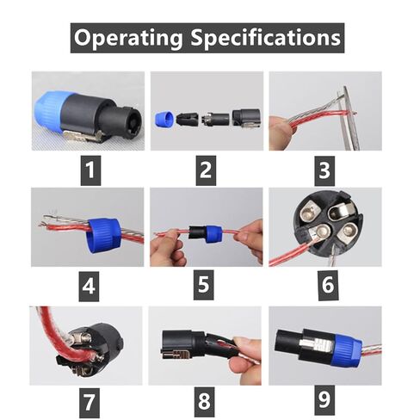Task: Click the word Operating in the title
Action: coord(128,38)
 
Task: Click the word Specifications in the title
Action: coord(266,38)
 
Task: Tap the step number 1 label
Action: coord(90,170)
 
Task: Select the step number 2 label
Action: coord(206,170)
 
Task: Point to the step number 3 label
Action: coord(324,170)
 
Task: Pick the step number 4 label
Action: coord(89,286)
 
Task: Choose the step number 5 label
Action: coord(204,285)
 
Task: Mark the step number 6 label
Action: coord(328,285)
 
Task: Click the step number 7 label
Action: coord(90,403)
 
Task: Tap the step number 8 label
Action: coord(204,401)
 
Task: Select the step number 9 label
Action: coord(324,400)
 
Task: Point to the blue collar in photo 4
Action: coord(103,235)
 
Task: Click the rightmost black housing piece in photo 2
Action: coord(246,117)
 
